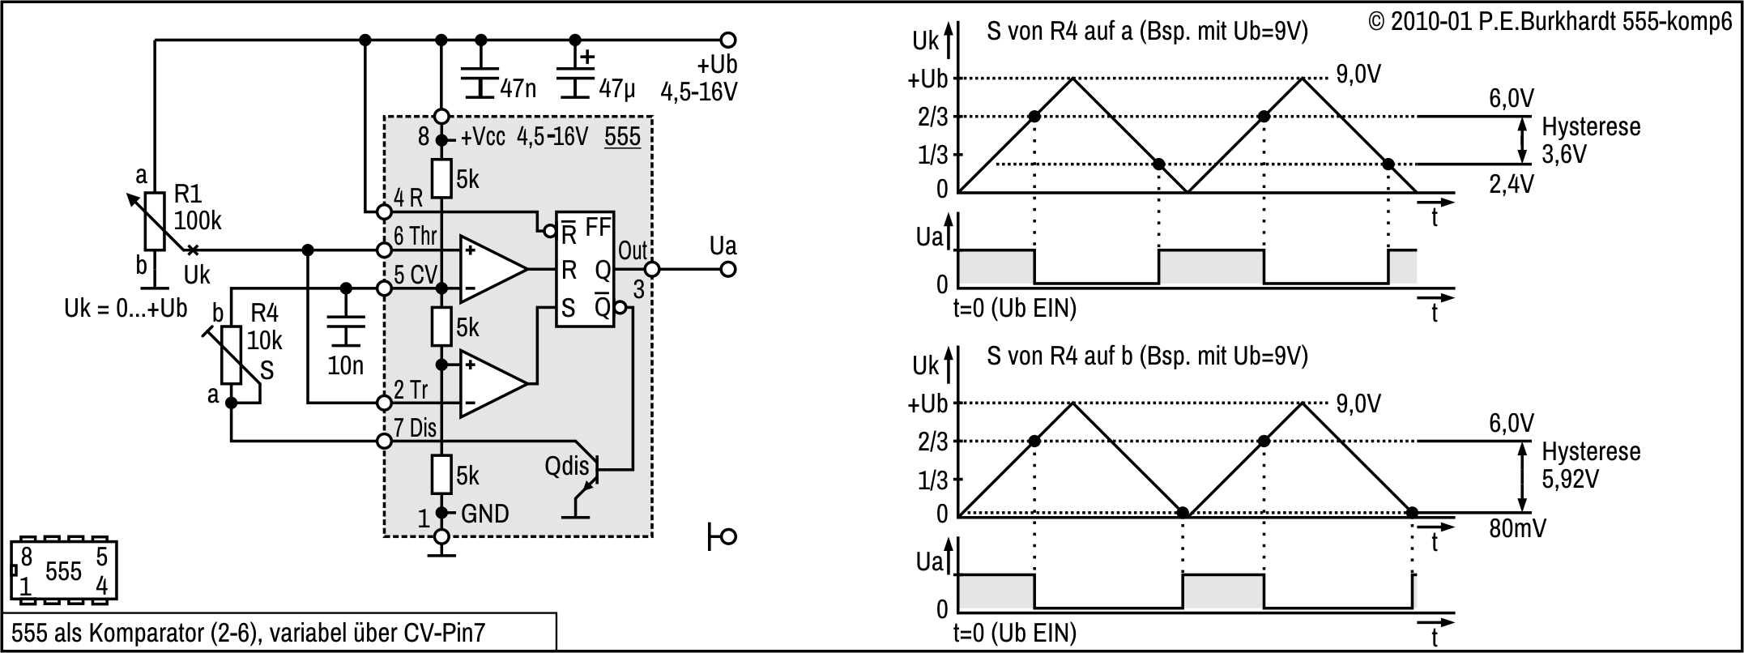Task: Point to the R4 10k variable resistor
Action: [232, 355]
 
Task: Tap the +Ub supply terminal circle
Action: [728, 40]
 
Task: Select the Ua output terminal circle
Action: [728, 269]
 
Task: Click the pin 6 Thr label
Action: [415, 237]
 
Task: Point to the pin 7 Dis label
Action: [415, 428]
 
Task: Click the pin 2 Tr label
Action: [411, 390]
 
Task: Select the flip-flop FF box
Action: [584, 269]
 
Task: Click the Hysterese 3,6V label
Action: [1590, 139]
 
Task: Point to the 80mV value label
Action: [1516, 529]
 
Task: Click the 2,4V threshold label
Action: [1511, 184]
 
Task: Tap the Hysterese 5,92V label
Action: [1590, 464]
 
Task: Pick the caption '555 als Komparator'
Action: [248, 633]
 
